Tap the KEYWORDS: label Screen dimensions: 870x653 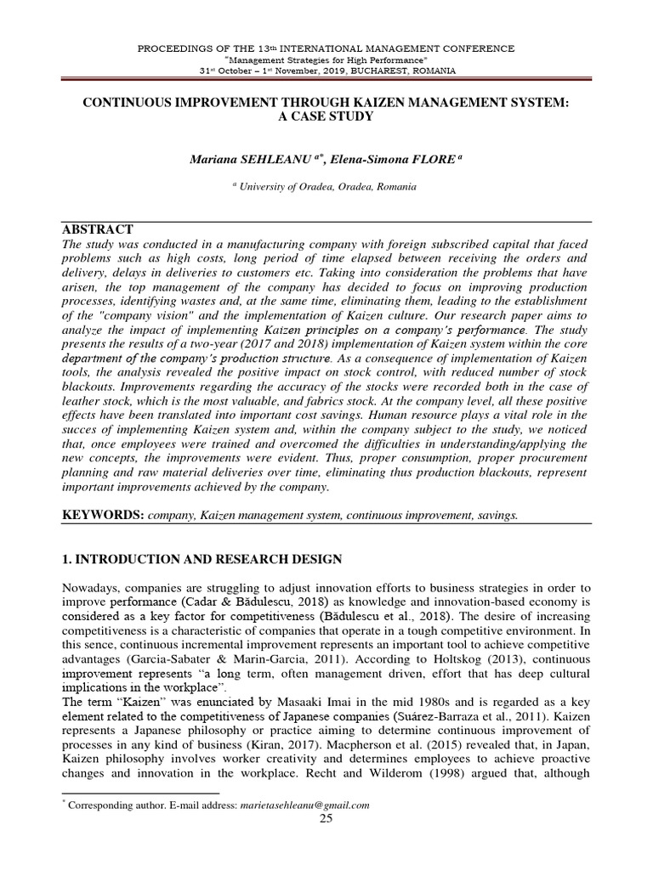[101, 516]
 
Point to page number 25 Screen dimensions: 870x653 [326, 818]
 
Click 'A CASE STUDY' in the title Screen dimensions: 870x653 [326, 116]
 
